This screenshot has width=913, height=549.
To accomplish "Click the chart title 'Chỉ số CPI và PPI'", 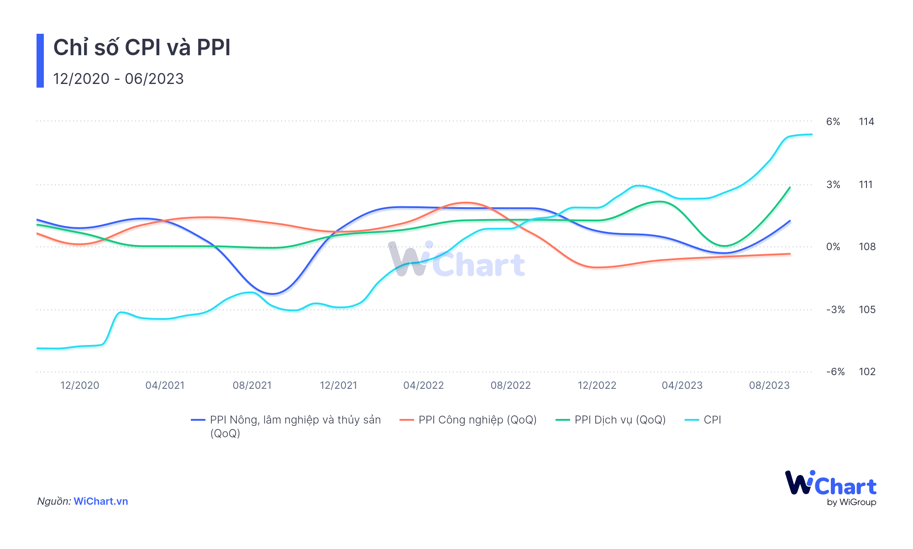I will [142, 47].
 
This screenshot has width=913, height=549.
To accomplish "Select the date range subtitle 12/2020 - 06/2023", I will [118, 78].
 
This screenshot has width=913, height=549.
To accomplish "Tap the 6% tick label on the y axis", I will [833, 121].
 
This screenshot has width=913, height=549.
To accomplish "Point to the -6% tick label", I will [835, 371].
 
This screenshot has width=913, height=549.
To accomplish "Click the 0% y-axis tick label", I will [833, 247].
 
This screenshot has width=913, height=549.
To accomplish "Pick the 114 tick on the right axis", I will [866, 121].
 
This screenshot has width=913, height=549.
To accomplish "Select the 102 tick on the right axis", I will [867, 371].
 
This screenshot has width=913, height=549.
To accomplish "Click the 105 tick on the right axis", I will [867, 309].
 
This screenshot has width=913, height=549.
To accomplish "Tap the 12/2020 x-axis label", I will [80, 385].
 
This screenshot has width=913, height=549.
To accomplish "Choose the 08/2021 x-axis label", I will [252, 385].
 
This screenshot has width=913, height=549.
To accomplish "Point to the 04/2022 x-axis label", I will [424, 385].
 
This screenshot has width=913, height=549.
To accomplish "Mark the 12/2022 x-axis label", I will [597, 385].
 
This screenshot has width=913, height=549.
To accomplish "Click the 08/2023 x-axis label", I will [769, 385].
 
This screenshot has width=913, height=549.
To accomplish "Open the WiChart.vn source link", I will [101, 501].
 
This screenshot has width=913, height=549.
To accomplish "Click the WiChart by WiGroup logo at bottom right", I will [830, 487].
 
